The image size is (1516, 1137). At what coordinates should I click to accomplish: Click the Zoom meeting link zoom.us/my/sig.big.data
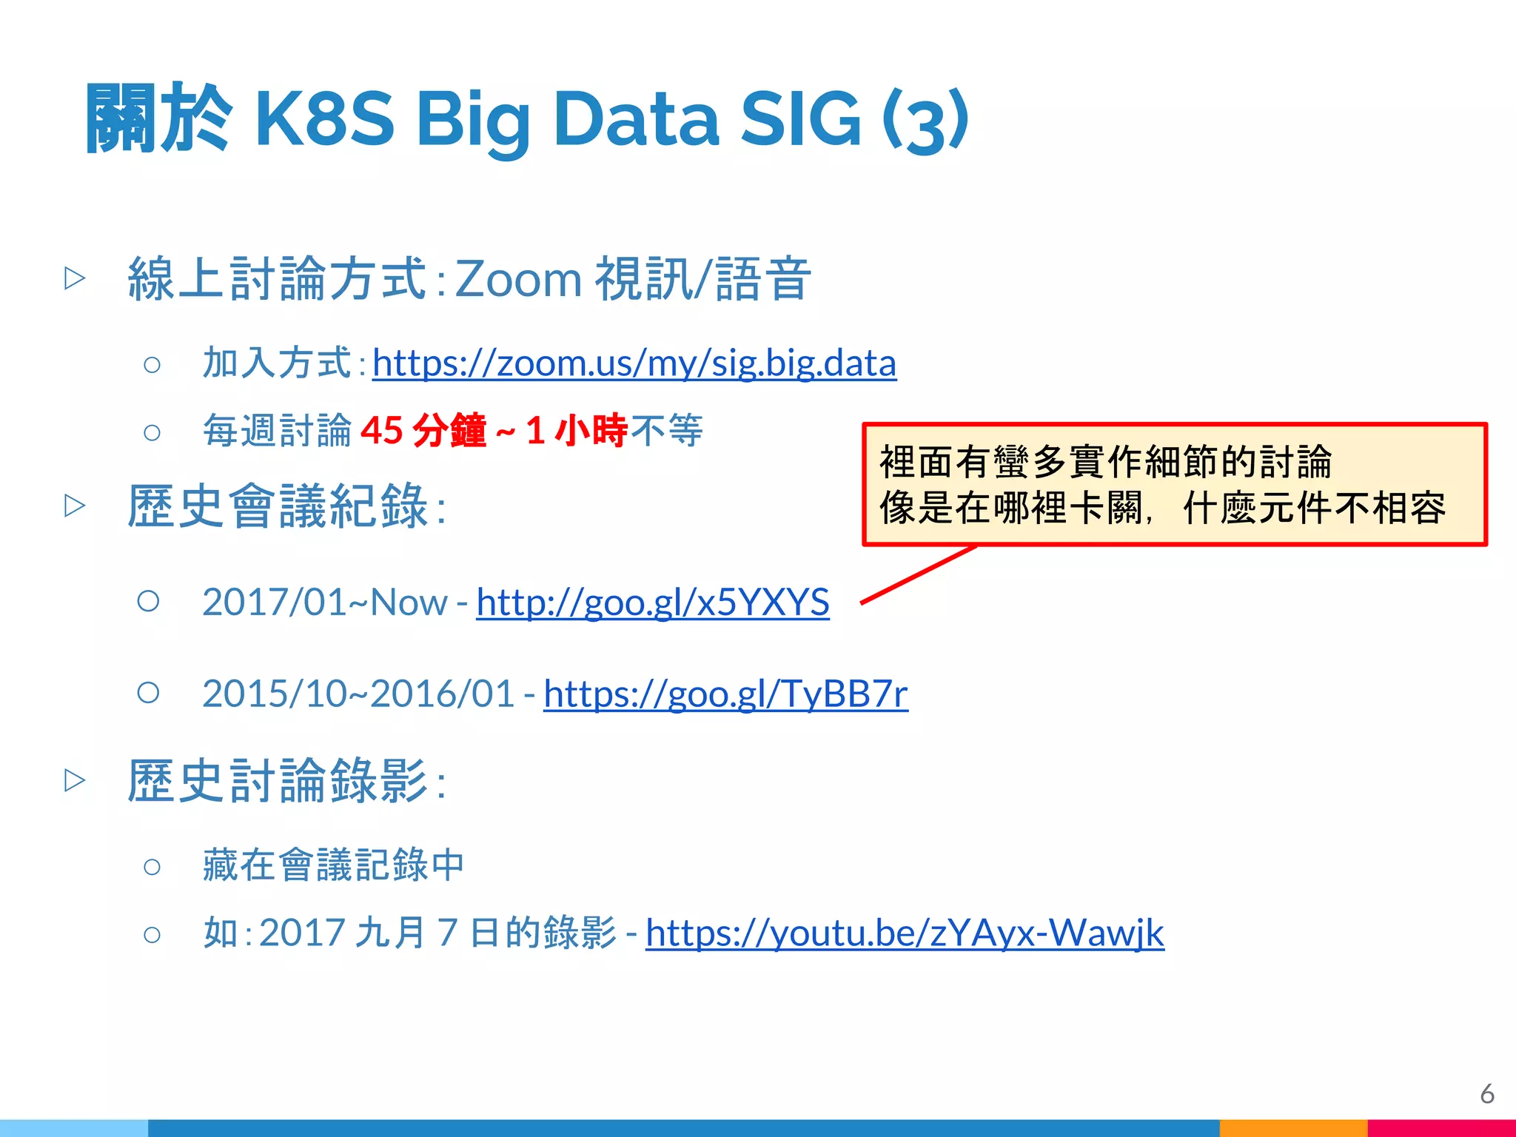634,363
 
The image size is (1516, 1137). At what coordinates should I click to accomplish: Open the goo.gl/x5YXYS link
652,602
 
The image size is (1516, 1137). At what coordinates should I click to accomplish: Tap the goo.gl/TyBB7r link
725,694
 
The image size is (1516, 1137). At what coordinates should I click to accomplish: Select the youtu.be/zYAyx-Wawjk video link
905,932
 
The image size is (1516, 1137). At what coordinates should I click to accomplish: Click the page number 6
1487,1093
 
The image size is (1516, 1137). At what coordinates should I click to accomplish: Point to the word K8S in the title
324,118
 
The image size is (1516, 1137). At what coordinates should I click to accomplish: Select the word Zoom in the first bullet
518,280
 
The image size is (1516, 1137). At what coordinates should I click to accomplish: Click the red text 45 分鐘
423,430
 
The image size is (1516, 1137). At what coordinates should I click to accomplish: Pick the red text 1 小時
577,430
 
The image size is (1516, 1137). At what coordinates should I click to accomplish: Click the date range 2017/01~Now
324,602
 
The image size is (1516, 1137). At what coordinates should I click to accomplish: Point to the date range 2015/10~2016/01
358,694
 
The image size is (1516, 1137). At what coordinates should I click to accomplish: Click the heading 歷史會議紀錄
278,506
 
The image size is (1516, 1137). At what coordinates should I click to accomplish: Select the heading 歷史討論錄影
278,781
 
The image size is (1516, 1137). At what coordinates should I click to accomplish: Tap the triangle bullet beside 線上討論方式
75,278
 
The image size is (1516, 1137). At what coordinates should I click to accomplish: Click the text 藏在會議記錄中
333,865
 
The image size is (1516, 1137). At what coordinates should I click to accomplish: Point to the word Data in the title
636,118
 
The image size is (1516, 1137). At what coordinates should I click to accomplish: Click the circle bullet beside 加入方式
152,364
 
